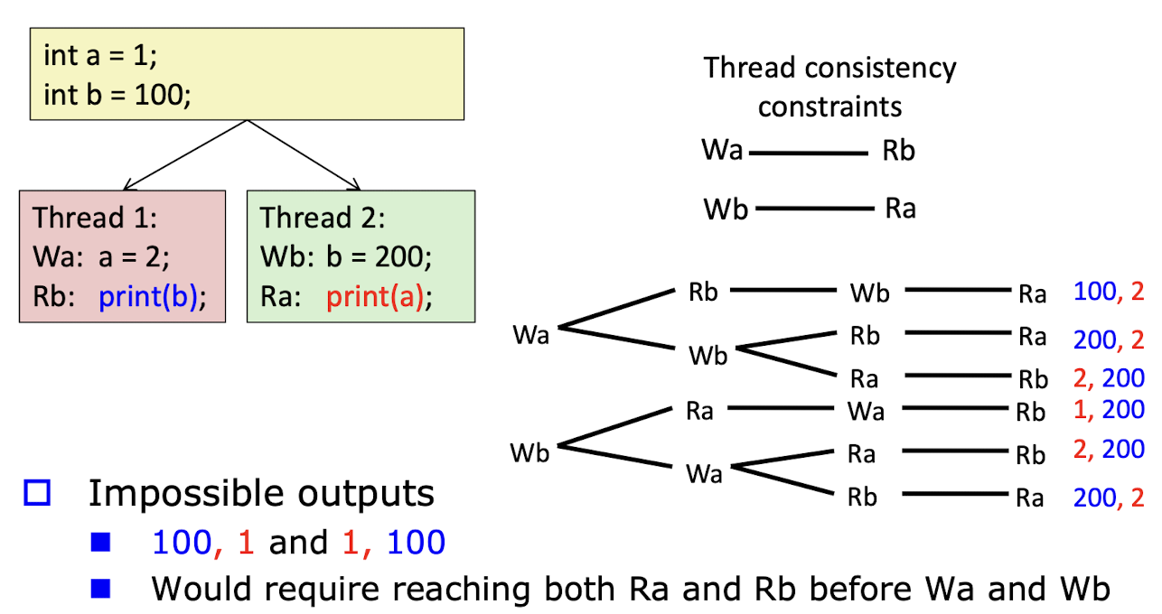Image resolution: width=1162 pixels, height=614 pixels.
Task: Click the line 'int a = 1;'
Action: tap(100, 55)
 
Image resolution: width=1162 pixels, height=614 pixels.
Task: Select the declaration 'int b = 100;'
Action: tap(117, 95)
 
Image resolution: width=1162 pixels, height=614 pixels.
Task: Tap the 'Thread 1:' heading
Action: tap(94, 218)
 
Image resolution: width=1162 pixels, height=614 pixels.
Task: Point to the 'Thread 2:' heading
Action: tap(323, 218)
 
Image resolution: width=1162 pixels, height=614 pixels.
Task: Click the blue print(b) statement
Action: tap(148, 297)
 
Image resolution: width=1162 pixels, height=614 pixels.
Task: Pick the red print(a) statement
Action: tap(375, 297)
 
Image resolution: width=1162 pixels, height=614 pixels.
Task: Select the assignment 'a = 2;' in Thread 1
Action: tap(134, 256)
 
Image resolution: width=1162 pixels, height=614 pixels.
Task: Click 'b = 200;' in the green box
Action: tap(379, 256)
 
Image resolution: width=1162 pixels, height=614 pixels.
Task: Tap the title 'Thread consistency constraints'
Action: tap(829, 87)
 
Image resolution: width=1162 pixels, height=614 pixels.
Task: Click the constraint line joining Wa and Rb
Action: tap(808, 153)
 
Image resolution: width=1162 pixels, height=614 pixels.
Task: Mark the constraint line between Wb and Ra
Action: tap(814, 208)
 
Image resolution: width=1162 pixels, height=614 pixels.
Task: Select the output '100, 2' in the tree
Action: tap(1109, 292)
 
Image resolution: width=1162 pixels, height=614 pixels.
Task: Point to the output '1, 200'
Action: tap(1109, 410)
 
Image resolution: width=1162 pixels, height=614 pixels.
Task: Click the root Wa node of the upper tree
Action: tap(530, 334)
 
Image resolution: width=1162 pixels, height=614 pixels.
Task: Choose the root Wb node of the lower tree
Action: tap(529, 452)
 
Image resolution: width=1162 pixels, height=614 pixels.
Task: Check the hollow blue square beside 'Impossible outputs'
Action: tap(37, 493)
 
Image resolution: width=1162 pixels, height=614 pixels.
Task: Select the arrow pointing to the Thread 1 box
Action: tap(184, 155)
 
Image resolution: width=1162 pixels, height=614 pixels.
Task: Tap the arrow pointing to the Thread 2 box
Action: tap(304, 155)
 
